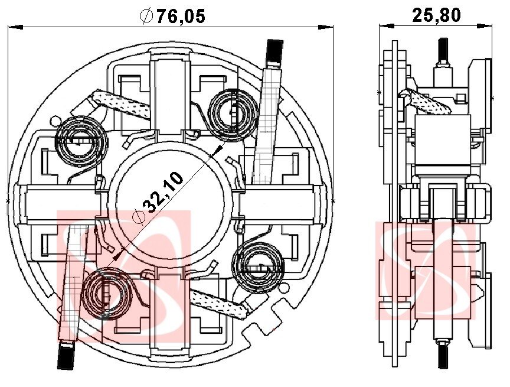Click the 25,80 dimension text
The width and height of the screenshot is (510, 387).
(436, 15)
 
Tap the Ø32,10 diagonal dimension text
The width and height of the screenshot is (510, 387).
(158, 198)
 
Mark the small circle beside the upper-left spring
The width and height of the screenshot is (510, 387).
(55, 121)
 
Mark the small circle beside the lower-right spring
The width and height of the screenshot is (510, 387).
(284, 288)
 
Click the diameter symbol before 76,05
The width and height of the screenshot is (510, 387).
(146, 16)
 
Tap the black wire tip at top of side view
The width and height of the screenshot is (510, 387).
(443, 50)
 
